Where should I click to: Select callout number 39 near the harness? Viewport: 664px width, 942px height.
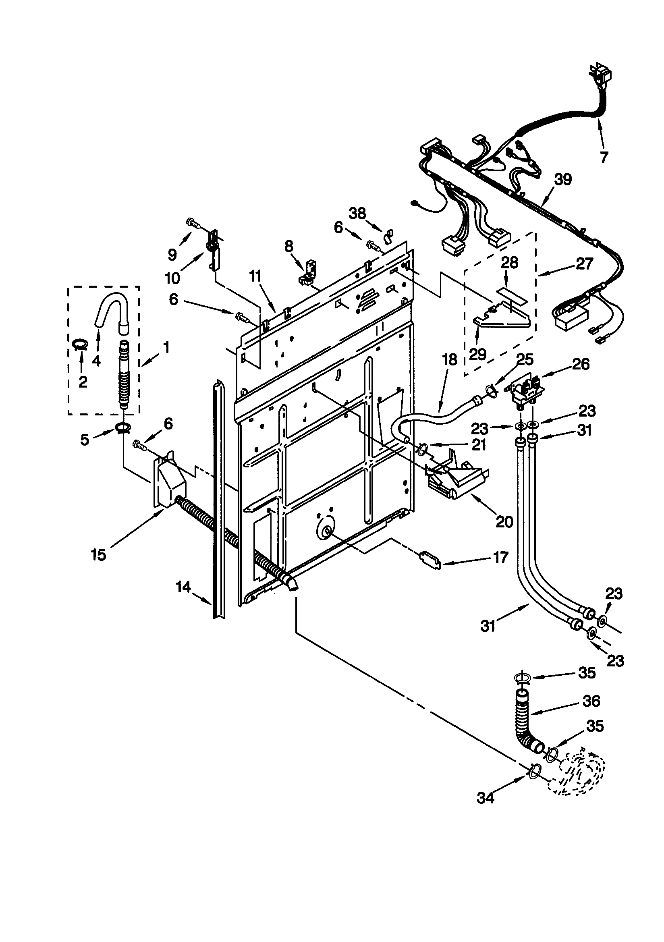[x=562, y=179]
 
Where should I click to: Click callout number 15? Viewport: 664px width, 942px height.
[x=98, y=555]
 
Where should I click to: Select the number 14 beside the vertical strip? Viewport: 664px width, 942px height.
[x=183, y=587]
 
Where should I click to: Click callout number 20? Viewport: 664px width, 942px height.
[x=504, y=521]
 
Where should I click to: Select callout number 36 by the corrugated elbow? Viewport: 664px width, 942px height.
[x=591, y=701]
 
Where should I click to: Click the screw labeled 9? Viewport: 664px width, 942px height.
[x=194, y=223]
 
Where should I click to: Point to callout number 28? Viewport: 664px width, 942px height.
[x=509, y=262]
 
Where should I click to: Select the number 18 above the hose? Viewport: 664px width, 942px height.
[x=450, y=359]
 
